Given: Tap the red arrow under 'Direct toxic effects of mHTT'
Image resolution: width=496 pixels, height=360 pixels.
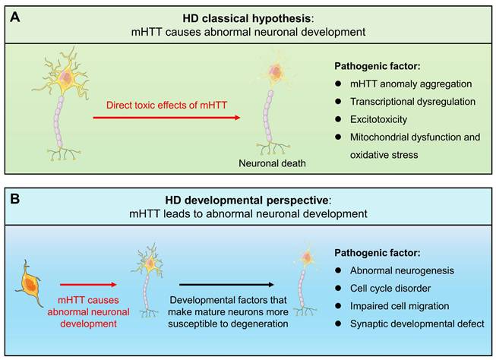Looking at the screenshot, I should pos(167,118).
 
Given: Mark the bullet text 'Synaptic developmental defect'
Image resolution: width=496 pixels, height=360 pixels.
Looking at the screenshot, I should pos(406,325).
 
